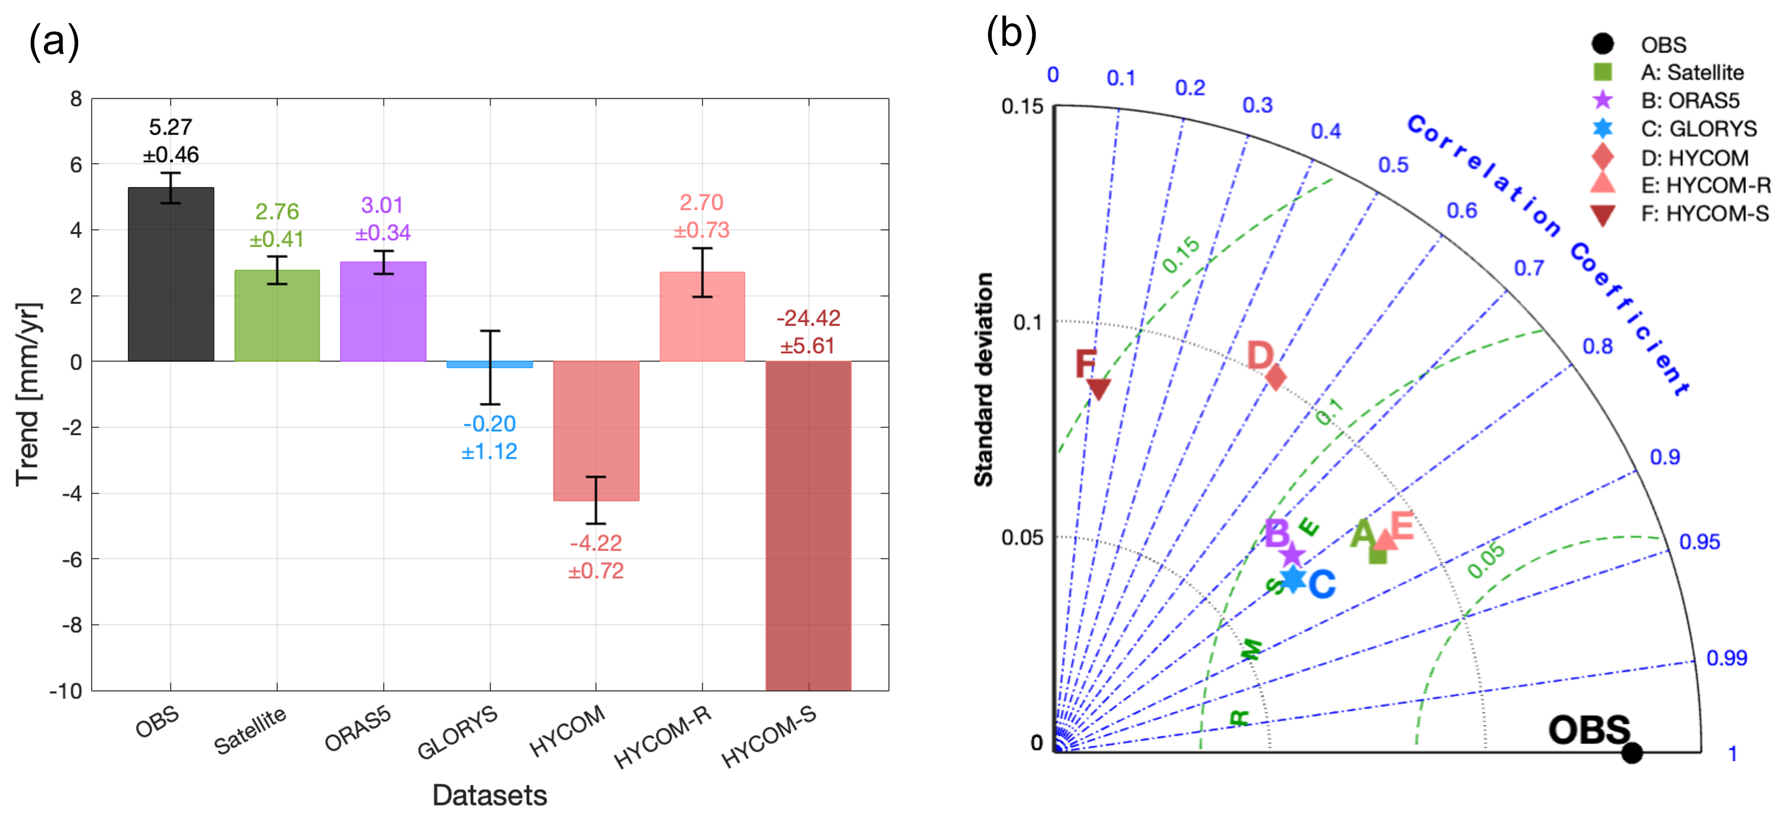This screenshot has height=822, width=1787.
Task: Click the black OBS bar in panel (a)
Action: [x=170, y=274]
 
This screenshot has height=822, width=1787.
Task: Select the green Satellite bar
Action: [x=277, y=315]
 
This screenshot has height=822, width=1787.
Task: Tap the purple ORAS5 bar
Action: [x=383, y=312]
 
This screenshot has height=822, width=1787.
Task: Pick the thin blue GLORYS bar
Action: [x=490, y=364]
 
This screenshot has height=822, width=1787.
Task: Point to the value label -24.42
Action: [x=808, y=318]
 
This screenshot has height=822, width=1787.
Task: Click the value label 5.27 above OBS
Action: [x=170, y=127]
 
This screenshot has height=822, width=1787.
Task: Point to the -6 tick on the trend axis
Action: [x=72, y=559]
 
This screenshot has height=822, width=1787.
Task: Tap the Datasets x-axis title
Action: [x=490, y=795]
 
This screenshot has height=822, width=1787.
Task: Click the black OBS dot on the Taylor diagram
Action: [x=1632, y=752]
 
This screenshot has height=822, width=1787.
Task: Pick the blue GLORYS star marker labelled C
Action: [x=1293, y=579]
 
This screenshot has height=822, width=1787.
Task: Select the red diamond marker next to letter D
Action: [x=1276, y=377]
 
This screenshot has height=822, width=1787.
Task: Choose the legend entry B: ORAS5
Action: [x=1690, y=100]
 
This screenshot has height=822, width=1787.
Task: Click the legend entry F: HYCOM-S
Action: [x=1704, y=214]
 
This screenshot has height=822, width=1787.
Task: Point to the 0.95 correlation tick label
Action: [x=1699, y=542]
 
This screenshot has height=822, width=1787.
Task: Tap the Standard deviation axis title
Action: [x=984, y=380]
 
